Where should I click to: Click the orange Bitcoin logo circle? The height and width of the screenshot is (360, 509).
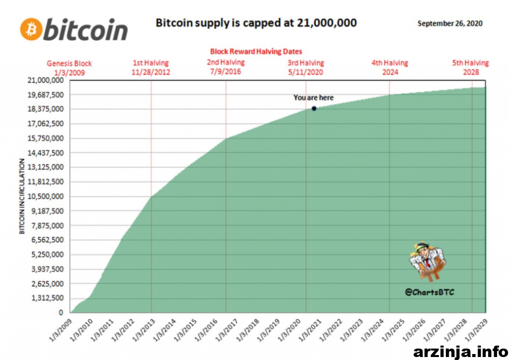[31, 29]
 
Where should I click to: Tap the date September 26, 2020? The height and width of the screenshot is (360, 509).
[450, 23]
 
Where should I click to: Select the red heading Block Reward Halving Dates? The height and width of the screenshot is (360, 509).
[256, 51]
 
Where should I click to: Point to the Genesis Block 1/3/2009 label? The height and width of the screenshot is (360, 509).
[70, 68]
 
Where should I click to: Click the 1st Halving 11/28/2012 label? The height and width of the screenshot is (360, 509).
[151, 68]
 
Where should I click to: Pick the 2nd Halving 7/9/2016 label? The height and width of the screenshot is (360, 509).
[226, 67]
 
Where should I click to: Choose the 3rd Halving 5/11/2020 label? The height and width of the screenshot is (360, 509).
[306, 68]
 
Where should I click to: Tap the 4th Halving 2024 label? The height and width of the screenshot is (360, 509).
[390, 68]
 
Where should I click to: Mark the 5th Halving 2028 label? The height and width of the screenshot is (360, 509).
[470, 68]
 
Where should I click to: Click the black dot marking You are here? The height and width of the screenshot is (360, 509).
[314, 108]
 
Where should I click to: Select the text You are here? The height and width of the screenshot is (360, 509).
[314, 97]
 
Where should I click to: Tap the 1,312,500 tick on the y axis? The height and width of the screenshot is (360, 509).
[48, 298]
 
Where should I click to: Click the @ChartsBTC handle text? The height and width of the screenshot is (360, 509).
[429, 292]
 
